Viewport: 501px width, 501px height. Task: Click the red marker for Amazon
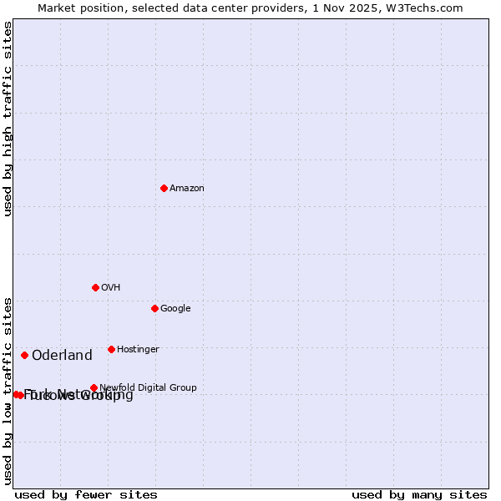pyautogui.click(x=164, y=188)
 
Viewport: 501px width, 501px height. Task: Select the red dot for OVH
pyautogui.click(x=95, y=287)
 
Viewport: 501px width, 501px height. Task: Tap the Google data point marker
pyautogui.click(x=154, y=308)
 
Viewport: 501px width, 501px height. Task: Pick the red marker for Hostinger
pyautogui.click(x=111, y=349)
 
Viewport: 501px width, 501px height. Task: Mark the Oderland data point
pyautogui.click(x=24, y=355)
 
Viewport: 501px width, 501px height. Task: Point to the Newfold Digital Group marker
pyautogui.click(x=94, y=387)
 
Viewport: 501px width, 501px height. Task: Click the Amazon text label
pyautogui.click(x=187, y=189)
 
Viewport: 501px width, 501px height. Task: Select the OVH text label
pyautogui.click(x=111, y=288)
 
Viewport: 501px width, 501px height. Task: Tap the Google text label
pyautogui.click(x=175, y=309)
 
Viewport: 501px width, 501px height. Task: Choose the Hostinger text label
pyautogui.click(x=138, y=350)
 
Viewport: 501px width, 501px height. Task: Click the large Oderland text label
pyautogui.click(x=62, y=356)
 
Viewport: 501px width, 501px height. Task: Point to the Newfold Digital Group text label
pyautogui.click(x=148, y=387)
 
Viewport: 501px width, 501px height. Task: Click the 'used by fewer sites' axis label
pyautogui.click(x=86, y=495)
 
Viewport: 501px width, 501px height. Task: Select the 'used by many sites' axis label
pyautogui.click(x=419, y=495)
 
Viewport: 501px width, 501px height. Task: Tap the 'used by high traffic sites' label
pyautogui.click(x=8, y=119)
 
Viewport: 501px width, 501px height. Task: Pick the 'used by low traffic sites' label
pyautogui.click(x=8, y=390)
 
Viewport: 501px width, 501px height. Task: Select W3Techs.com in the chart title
pyautogui.click(x=428, y=8)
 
